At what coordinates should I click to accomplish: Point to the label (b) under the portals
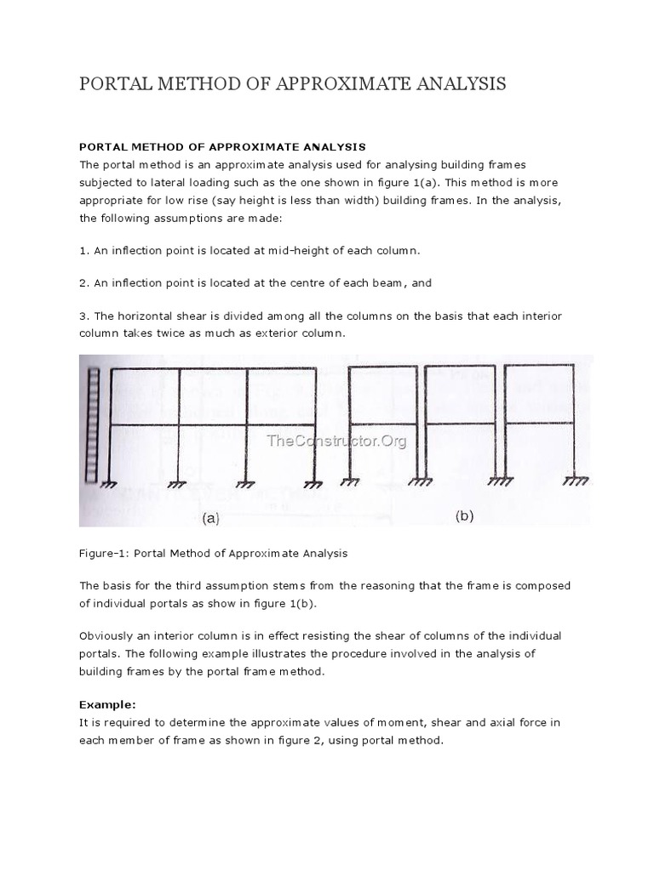(464, 515)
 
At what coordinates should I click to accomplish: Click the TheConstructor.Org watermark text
(336, 440)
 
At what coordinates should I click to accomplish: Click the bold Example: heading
(107, 704)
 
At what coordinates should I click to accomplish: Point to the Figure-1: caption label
(105, 553)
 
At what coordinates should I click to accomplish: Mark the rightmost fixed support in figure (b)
(576, 481)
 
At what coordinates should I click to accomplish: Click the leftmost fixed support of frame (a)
(109, 484)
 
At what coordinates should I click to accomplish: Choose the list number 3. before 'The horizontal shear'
(83, 316)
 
